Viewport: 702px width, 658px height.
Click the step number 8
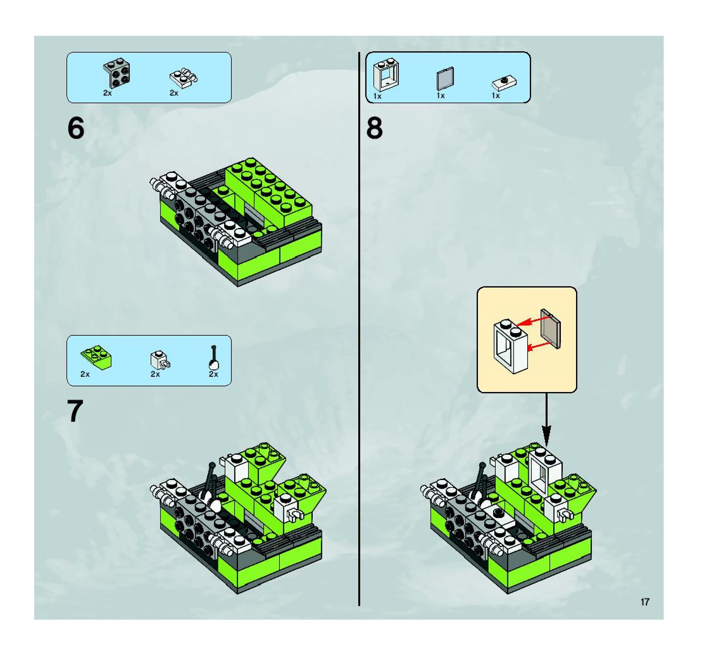click(374, 128)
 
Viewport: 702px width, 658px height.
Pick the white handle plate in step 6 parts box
click(183, 79)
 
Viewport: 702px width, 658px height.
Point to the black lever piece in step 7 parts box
click(214, 358)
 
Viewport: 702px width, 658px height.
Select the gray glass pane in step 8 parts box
click(445, 79)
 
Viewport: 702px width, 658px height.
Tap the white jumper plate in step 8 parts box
click(504, 83)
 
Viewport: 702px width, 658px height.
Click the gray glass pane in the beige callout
click(550, 329)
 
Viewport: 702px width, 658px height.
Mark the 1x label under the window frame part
click(378, 96)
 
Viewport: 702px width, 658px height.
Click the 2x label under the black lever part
click(214, 374)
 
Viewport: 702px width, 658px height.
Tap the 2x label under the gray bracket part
click(108, 93)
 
